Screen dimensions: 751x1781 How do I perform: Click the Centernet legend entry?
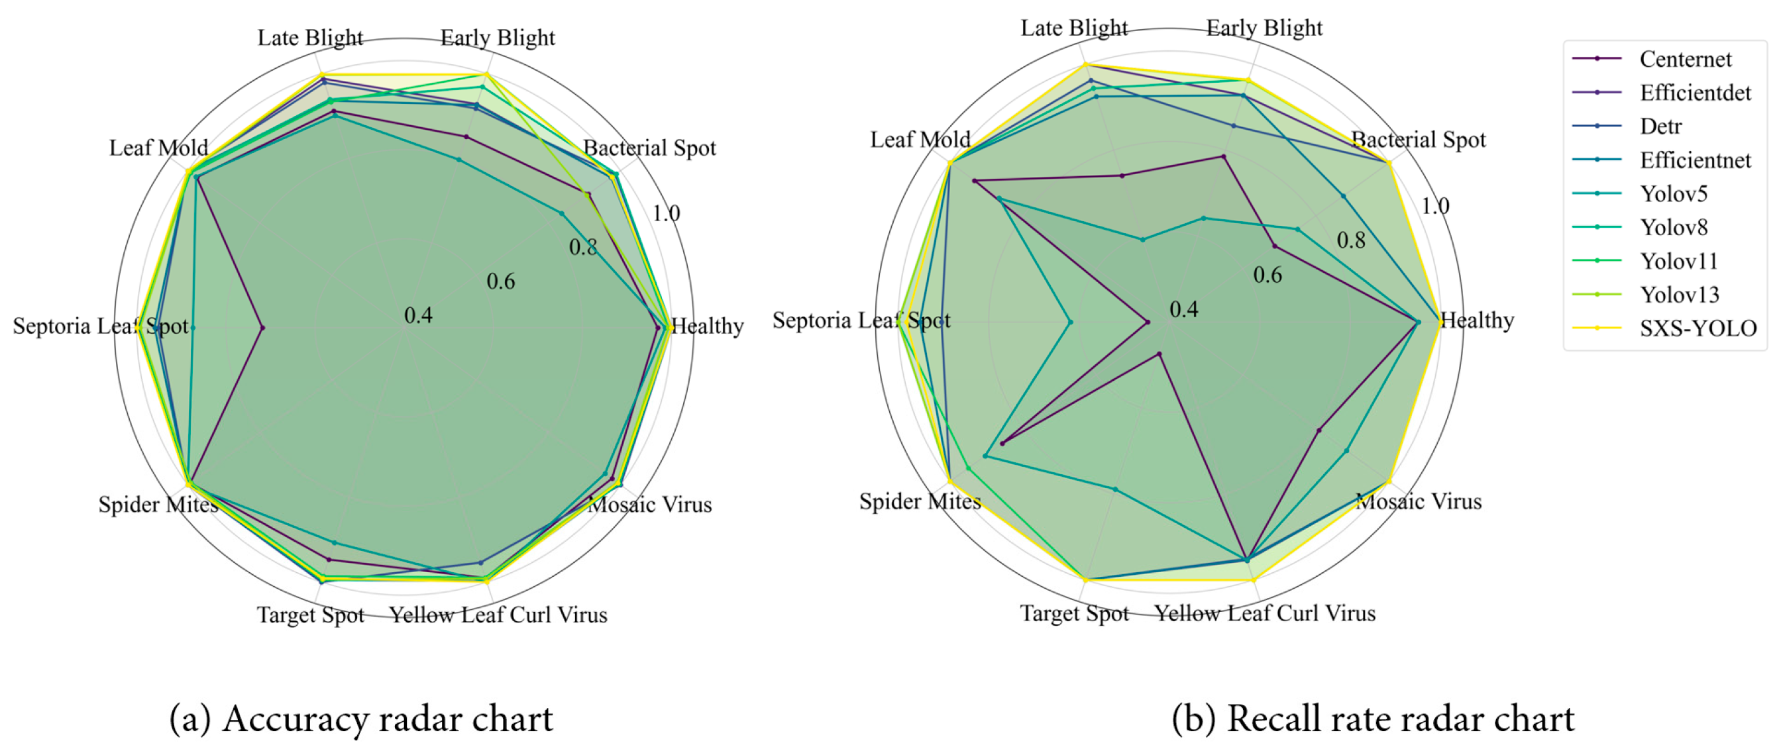pyautogui.click(x=1684, y=60)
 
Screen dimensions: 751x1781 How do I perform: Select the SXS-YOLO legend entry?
pyautogui.click(x=1698, y=328)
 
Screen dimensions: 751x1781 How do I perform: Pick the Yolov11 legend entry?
pyautogui.click(x=1679, y=261)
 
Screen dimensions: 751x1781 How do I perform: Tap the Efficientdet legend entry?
pyautogui.click(x=1695, y=93)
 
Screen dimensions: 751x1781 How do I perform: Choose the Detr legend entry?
pyautogui.click(x=1660, y=126)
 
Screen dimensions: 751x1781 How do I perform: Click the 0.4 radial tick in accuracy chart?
pyautogui.click(x=418, y=316)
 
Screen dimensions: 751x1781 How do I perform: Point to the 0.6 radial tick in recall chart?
pyautogui.click(x=1268, y=275)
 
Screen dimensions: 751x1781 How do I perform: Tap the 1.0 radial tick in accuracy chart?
pyautogui.click(x=666, y=213)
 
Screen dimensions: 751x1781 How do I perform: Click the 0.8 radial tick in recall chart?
pyautogui.click(x=1350, y=240)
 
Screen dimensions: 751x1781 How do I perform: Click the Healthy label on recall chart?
pyautogui.click(x=1477, y=321)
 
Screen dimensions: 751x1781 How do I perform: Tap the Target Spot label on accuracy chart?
pyautogui.click(x=311, y=614)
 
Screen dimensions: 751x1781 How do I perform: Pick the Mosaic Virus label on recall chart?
pyautogui.click(x=1418, y=501)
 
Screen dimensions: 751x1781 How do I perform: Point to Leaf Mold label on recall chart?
pyautogui.click(x=920, y=140)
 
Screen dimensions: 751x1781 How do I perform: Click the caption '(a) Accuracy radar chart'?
pyautogui.click(x=361, y=719)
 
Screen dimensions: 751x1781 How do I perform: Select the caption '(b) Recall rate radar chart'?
pyautogui.click(x=1372, y=719)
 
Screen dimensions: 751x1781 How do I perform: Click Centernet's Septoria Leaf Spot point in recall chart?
pyautogui.click(x=1148, y=322)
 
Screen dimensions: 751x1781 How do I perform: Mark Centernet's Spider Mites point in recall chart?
pyautogui.click(x=1002, y=443)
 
